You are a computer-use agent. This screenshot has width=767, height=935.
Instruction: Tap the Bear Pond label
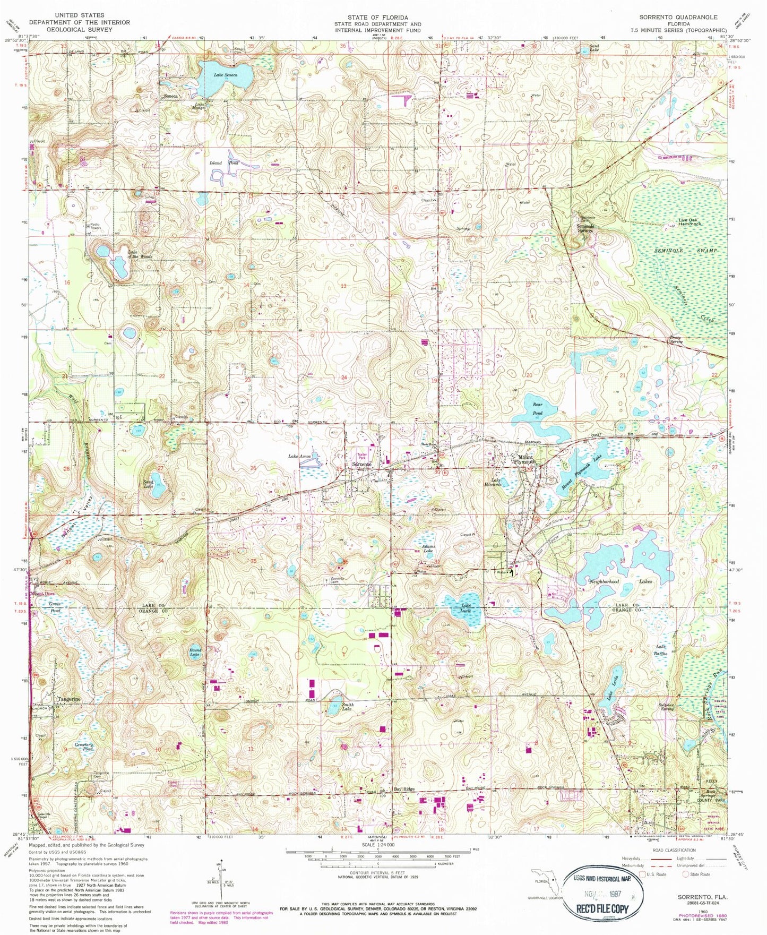[x=537, y=408]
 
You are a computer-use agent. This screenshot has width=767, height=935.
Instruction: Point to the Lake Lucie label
[x=466, y=608]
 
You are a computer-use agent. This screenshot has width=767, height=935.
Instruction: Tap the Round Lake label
[x=195, y=652]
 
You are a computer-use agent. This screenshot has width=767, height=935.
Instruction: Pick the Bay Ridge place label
[x=404, y=790]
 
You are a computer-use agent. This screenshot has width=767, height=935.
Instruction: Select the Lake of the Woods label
[x=140, y=254]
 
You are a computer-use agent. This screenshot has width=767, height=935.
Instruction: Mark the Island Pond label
[x=225, y=163]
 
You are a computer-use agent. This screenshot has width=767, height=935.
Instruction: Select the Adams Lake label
[x=427, y=549]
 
